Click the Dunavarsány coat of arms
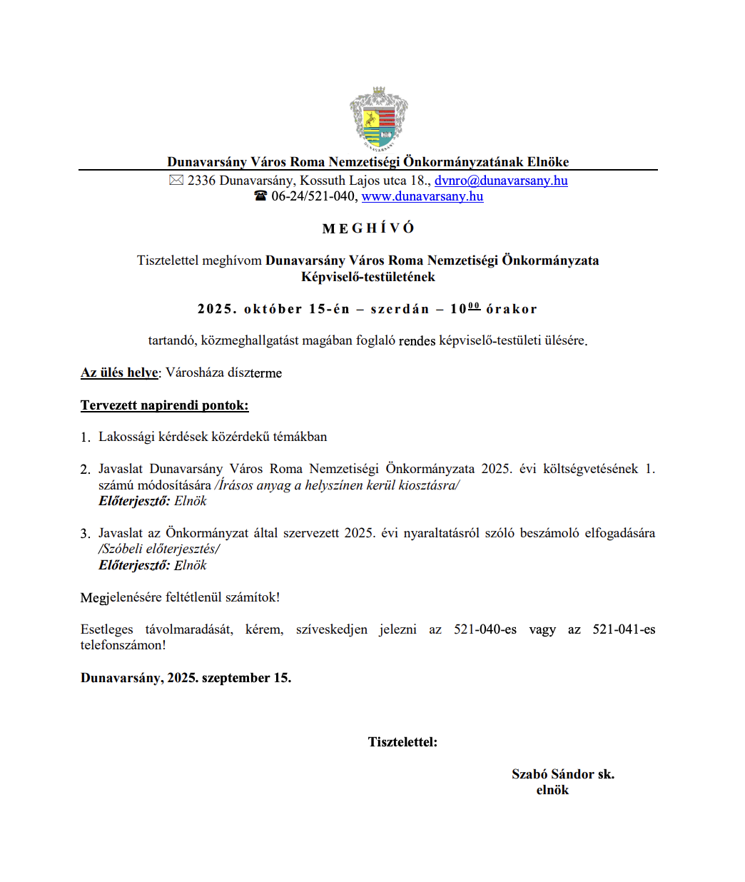click(378, 119)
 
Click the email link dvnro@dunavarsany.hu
click(501, 181)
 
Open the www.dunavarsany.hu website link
click(422, 196)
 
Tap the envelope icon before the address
click(176, 181)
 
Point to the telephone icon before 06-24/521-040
click(260, 196)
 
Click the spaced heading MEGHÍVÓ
click(368, 228)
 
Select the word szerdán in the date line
click(400, 309)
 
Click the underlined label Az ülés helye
click(120, 372)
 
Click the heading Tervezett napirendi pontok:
click(165, 405)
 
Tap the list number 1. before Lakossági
click(85, 437)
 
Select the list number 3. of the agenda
click(85, 534)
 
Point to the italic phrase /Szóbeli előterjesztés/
click(159, 549)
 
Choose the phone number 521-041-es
click(624, 629)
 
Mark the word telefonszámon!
click(123, 645)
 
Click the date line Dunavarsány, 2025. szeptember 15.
click(186, 678)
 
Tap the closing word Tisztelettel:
click(402, 742)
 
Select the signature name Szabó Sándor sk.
click(563, 774)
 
